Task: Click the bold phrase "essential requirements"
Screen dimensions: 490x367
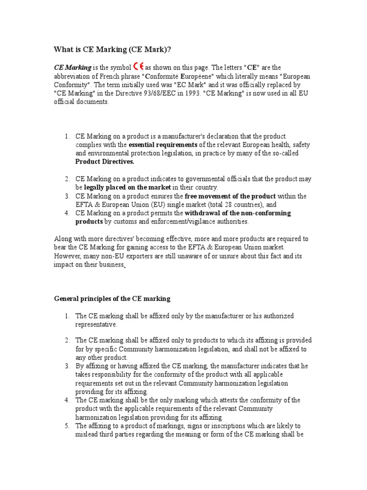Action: (x=163, y=145)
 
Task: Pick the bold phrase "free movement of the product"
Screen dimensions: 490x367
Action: (x=230, y=196)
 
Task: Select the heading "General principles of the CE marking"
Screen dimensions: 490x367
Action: (x=112, y=299)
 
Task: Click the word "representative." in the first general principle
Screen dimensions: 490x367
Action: (x=96, y=324)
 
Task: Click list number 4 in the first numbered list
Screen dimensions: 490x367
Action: (x=67, y=213)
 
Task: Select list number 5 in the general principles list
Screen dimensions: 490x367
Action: (x=67, y=425)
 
